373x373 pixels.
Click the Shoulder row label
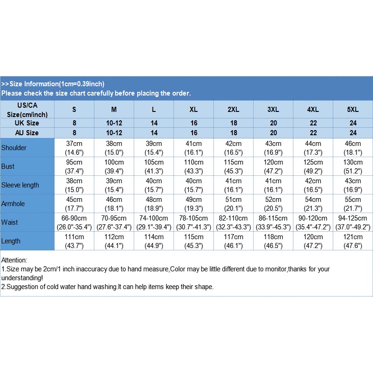point(14,148)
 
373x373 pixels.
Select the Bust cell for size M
point(114,166)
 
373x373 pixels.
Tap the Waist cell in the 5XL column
point(352,222)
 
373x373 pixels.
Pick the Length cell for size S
point(74,241)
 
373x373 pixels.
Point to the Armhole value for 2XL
point(233,204)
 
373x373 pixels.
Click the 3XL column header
point(273,110)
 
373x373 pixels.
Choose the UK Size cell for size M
point(114,123)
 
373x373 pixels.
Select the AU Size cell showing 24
point(352,133)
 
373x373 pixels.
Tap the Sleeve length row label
point(20,185)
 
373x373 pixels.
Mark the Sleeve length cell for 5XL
point(352,185)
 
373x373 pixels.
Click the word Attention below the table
point(14,260)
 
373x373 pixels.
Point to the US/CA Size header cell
point(27,110)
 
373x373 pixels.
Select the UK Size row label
point(27,123)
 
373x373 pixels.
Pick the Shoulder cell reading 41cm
point(193,148)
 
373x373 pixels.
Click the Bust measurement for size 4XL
point(313,166)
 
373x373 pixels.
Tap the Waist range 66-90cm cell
point(74,222)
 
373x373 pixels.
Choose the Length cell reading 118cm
point(273,241)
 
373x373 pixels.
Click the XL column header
point(193,110)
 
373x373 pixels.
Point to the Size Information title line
point(53,84)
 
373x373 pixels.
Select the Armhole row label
point(13,204)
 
